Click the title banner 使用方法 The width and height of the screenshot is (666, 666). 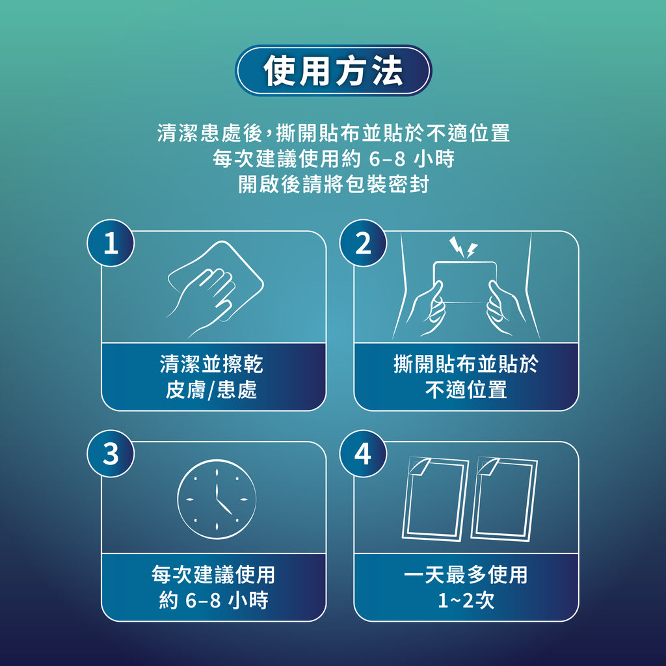tap(333, 70)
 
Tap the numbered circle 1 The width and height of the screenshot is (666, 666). tap(111, 243)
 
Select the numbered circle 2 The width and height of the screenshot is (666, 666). tap(363, 243)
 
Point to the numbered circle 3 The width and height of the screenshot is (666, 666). tap(111, 453)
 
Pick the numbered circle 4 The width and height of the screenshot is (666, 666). tap(363, 453)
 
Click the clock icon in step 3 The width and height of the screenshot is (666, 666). tap(217, 499)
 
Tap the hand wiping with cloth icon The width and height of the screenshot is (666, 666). tap(215, 289)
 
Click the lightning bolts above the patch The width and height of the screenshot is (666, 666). tap(463, 247)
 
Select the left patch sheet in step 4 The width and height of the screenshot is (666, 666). tap(435, 499)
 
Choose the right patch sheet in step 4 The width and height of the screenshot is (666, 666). tap(504, 499)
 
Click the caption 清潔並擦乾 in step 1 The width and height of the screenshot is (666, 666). tap(211, 364)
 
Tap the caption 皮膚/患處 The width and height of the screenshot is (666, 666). tap(211, 390)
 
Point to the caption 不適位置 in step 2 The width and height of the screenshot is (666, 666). tap(466, 390)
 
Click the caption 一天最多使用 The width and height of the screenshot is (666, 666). tap(466, 575)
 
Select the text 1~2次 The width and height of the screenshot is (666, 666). tap(466, 600)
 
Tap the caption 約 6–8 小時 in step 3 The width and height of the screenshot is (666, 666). tap(213, 600)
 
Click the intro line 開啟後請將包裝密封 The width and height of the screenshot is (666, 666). tap(334, 184)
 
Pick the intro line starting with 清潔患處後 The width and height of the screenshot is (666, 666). tap(334, 133)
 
